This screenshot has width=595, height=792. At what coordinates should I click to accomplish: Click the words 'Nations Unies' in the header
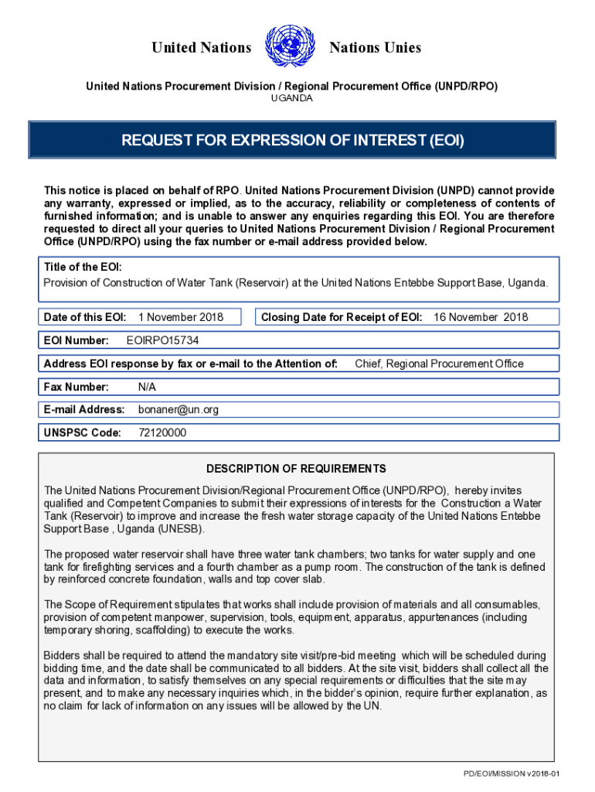click(375, 48)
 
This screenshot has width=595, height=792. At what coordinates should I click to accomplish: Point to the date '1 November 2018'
click(181, 317)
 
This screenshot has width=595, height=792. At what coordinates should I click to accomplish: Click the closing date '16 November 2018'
click(481, 317)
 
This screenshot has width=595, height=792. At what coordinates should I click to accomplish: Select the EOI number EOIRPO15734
click(167, 340)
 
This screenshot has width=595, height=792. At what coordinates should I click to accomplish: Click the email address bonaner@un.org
click(178, 410)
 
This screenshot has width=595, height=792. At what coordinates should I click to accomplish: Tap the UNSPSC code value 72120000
click(162, 433)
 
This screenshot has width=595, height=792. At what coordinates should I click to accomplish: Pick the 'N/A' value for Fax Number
click(148, 387)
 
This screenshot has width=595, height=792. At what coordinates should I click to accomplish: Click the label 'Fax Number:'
click(76, 387)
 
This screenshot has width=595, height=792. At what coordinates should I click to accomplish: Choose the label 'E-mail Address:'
click(84, 410)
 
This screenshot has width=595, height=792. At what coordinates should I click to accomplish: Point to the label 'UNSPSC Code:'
click(83, 433)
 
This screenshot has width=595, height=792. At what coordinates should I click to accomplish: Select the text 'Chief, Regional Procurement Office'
click(439, 364)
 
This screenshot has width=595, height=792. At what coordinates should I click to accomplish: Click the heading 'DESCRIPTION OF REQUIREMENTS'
click(296, 469)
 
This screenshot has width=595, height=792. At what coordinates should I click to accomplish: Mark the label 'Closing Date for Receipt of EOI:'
click(342, 317)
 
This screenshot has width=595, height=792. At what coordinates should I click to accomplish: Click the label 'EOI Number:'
click(76, 340)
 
